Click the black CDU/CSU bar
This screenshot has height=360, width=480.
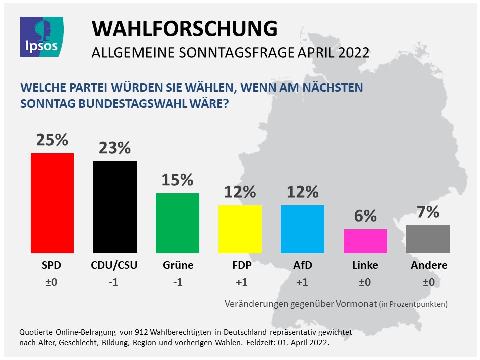(115, 207)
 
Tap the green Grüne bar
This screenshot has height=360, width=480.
(177, 223)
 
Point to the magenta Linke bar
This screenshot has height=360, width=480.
(365, 241)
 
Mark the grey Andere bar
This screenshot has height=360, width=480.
(428, 239)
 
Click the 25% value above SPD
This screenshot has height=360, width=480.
(52, 140)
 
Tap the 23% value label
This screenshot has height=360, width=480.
(114, 148)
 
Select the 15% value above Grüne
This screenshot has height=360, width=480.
(177, 180)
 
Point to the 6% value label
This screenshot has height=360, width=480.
(365, 216)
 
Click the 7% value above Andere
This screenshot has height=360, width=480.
(428, 212)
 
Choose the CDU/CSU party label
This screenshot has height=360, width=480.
(115, 265)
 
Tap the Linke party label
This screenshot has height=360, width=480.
(365, 265)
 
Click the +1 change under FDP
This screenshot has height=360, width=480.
(240, 282)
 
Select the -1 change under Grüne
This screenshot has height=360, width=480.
(177, 282)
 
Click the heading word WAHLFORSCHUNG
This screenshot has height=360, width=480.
(184, 29)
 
